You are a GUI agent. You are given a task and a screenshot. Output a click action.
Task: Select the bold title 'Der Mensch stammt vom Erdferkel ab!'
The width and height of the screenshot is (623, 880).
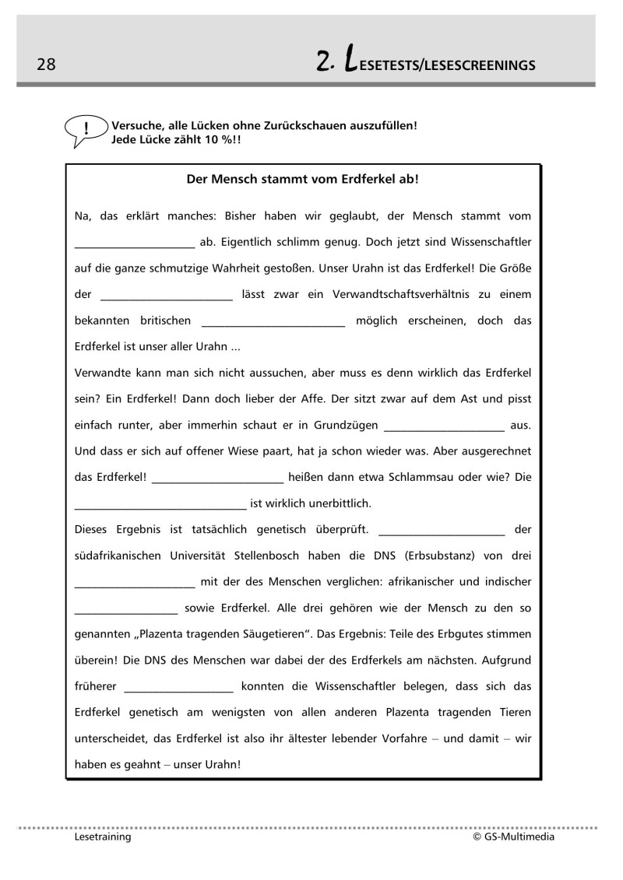303,179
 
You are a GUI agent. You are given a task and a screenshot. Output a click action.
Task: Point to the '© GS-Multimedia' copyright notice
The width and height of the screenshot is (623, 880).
513,837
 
